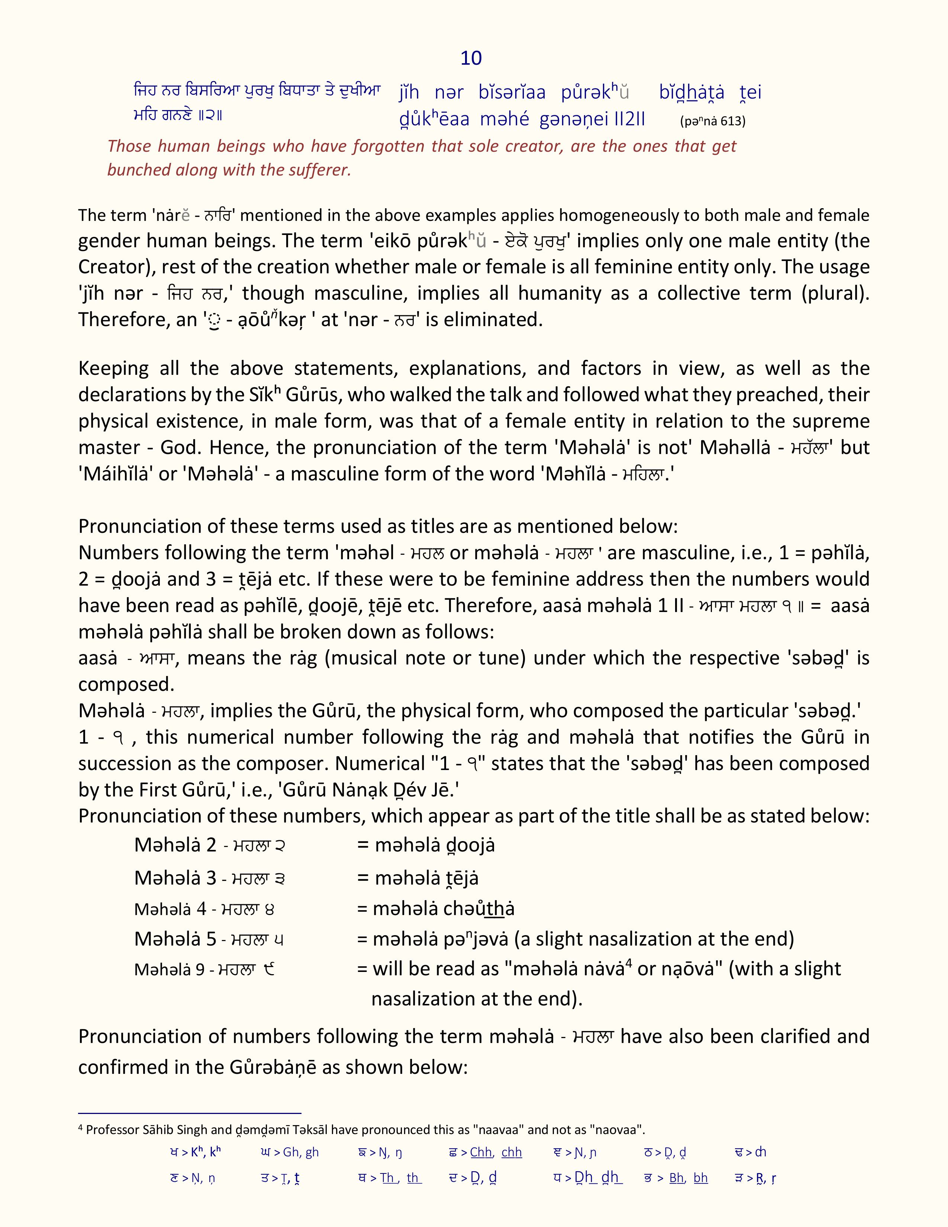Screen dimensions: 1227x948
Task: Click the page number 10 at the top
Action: tap(471, 58)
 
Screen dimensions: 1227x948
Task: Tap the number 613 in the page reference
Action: tap(732, 121)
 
